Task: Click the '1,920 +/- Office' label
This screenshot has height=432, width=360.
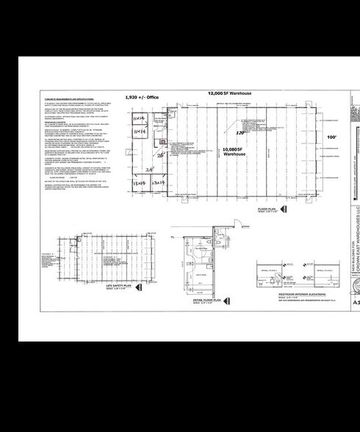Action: [x=142, y=97]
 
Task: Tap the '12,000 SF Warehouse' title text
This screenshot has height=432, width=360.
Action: [x=230, y=94]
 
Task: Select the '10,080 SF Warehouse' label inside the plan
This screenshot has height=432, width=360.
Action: [x=234, y=152]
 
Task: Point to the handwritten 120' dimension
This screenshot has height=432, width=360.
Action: [x=240, y=134]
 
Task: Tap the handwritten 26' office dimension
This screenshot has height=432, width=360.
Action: [x=159, y=155]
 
